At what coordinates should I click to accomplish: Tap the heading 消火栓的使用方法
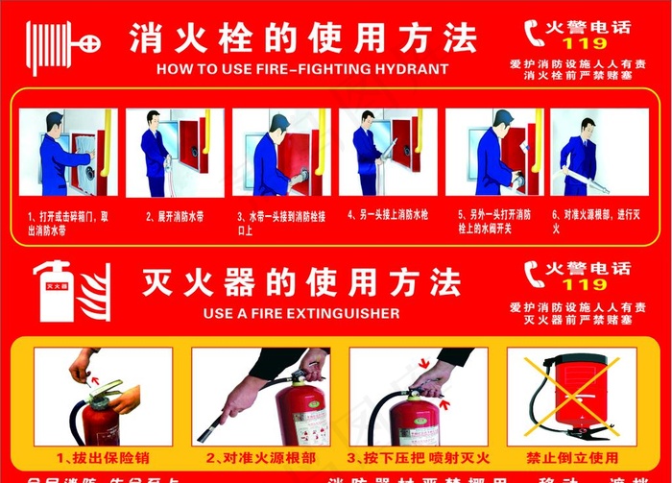pos(302,39)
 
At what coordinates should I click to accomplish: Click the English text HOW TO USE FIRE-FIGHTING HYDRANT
pos(302,69)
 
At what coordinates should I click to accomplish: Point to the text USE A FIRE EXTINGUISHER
pos(302,313)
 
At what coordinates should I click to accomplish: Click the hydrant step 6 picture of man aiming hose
pos(588,154)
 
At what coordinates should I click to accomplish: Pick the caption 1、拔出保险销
pos(98,457)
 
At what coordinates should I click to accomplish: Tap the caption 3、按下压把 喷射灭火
pos(419,457)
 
